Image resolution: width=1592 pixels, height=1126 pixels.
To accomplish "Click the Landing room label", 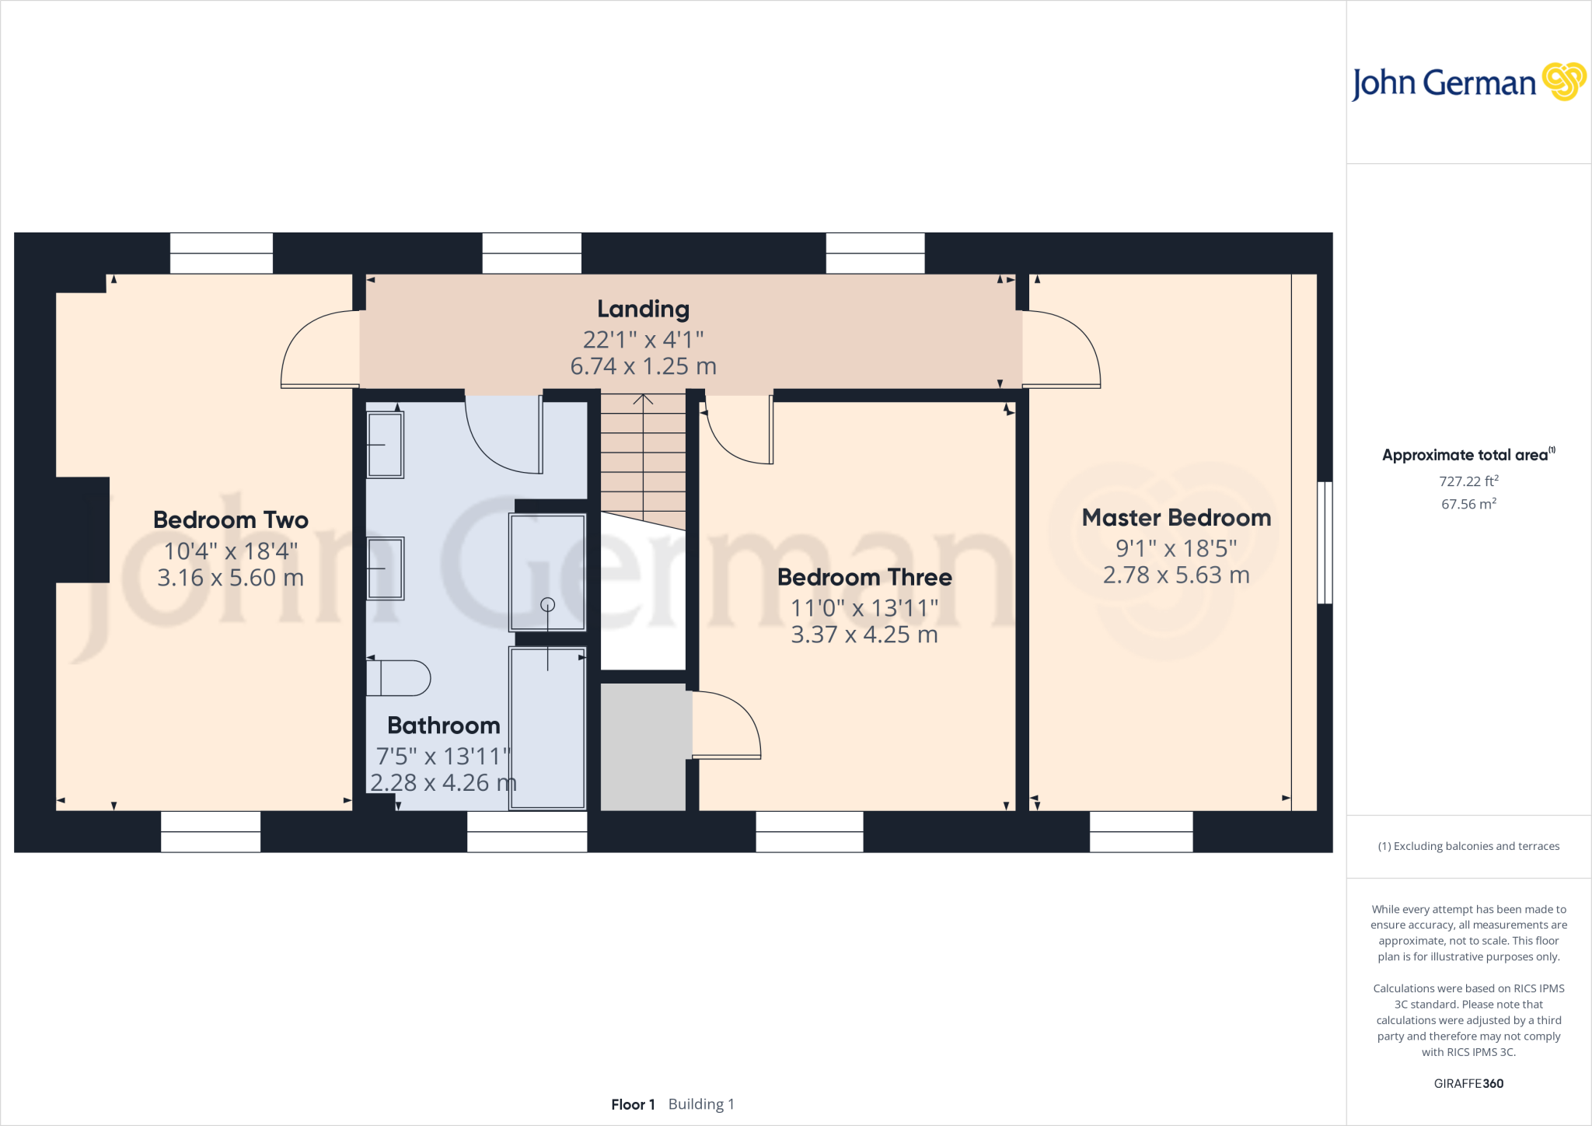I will (643, 309).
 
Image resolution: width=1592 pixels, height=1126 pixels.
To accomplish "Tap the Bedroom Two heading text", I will (231, 520).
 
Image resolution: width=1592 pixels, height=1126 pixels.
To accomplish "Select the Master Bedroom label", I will (1176, 518).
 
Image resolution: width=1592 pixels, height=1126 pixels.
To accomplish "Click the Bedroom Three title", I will (864, 578).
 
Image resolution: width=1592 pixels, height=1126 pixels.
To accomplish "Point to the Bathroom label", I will (444, 726).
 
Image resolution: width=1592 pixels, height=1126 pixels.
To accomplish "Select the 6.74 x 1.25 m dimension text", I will (643, 366).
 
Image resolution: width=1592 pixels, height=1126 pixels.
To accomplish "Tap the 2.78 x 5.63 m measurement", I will (1176, 575).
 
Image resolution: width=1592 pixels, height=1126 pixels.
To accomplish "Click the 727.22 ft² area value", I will (1468, 481).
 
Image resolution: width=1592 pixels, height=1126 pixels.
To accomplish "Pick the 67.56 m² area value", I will (1468, 504).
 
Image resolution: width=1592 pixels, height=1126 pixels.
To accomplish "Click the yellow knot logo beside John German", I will (1563, 82).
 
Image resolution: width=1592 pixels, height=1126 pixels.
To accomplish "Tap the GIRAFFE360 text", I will (1468, 1083).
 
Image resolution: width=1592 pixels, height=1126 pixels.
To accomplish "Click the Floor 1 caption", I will (633, 1104).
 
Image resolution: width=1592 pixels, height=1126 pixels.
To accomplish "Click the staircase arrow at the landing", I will (643, 400).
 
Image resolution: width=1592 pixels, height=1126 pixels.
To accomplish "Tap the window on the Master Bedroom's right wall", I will (1325, 543).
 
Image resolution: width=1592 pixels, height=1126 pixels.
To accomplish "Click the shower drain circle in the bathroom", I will (547, 604).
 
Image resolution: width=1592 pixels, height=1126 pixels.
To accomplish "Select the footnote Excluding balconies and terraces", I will (1468, 846).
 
